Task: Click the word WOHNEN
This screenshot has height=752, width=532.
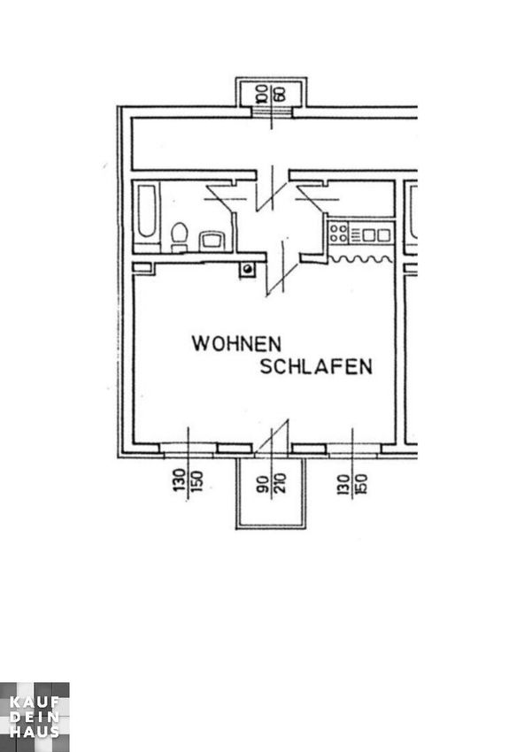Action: click(x=236, y=344)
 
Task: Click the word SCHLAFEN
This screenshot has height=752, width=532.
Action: click(x=316, y=366)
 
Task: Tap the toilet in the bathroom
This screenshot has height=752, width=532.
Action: click(x=179, y=236)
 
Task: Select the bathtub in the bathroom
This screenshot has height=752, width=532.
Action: click(x=146, y=211)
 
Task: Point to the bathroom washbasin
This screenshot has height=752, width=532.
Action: click(x=212, y=241)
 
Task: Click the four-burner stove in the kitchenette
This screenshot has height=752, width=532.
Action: click(x=339, y=233)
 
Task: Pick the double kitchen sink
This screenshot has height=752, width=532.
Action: click(x=376, y=235)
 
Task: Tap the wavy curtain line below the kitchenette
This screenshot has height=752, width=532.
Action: click(x=360, y=259)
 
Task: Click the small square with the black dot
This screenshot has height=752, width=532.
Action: click(x=248, y=270)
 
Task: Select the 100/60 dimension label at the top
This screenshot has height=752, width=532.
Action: click(x=271, y=94)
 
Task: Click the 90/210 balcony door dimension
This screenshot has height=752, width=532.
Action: click(x=271, y=483)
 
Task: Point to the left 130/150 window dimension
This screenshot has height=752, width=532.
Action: click(x=188, y=480)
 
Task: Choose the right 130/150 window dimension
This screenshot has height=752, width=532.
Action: click(x=352, y=484)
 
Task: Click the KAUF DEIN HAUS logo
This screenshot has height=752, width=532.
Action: click(x=35, y=717)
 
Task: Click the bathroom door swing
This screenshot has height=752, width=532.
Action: click(x=227, y=198)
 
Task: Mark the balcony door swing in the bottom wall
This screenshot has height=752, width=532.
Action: click(x=273, y=435)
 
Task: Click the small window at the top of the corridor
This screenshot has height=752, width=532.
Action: click(x=272, y=111)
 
